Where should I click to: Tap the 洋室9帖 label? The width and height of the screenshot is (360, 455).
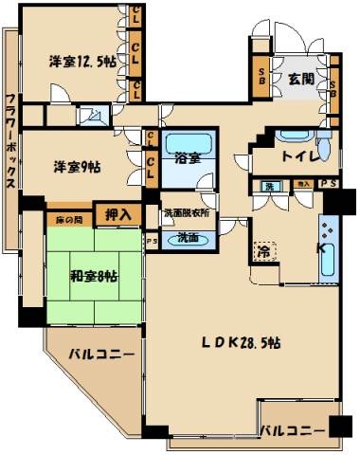pyautogui.click(x=74, y=165)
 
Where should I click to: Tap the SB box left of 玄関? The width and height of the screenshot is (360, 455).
pyautogui.click(x=261, y=81)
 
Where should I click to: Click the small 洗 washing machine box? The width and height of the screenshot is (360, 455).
pyautogui.click(x=270, y=186)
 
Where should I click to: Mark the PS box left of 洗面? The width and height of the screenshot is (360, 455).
pyautogui.click(x=152, y=241)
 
